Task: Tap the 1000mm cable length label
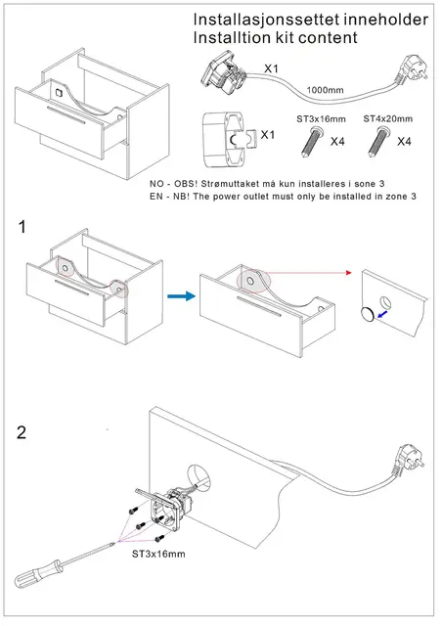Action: [325, 90]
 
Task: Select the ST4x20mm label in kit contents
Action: [387, 118]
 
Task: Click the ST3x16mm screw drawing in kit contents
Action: [311, 141]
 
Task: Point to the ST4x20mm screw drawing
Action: [377, 141]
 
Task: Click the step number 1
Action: [22, 227]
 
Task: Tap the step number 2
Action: [22, 432]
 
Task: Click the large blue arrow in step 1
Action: [181, 295]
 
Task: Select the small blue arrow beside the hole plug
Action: [382, 315]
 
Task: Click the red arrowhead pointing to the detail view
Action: [349, 273]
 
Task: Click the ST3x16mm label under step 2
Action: [158, 554]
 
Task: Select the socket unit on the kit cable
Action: [223, 74]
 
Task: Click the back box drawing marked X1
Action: [228, 139]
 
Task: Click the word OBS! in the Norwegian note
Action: [186, 184]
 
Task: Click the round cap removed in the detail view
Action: [368, 314]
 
